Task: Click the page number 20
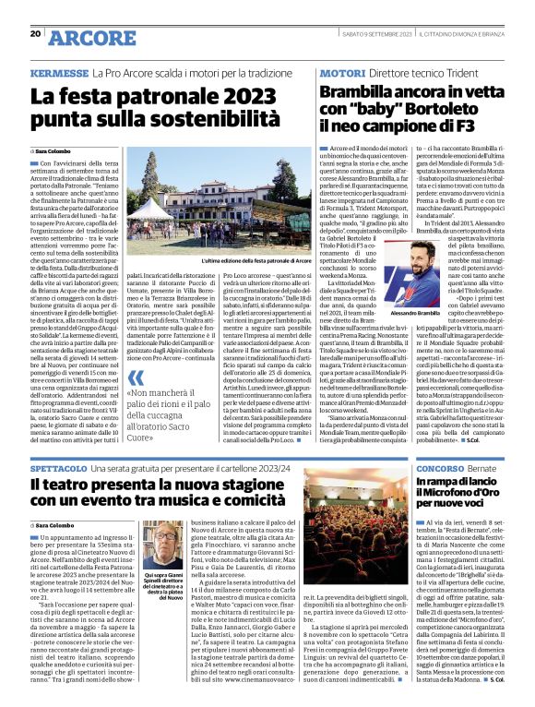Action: (x=35, y=34)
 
